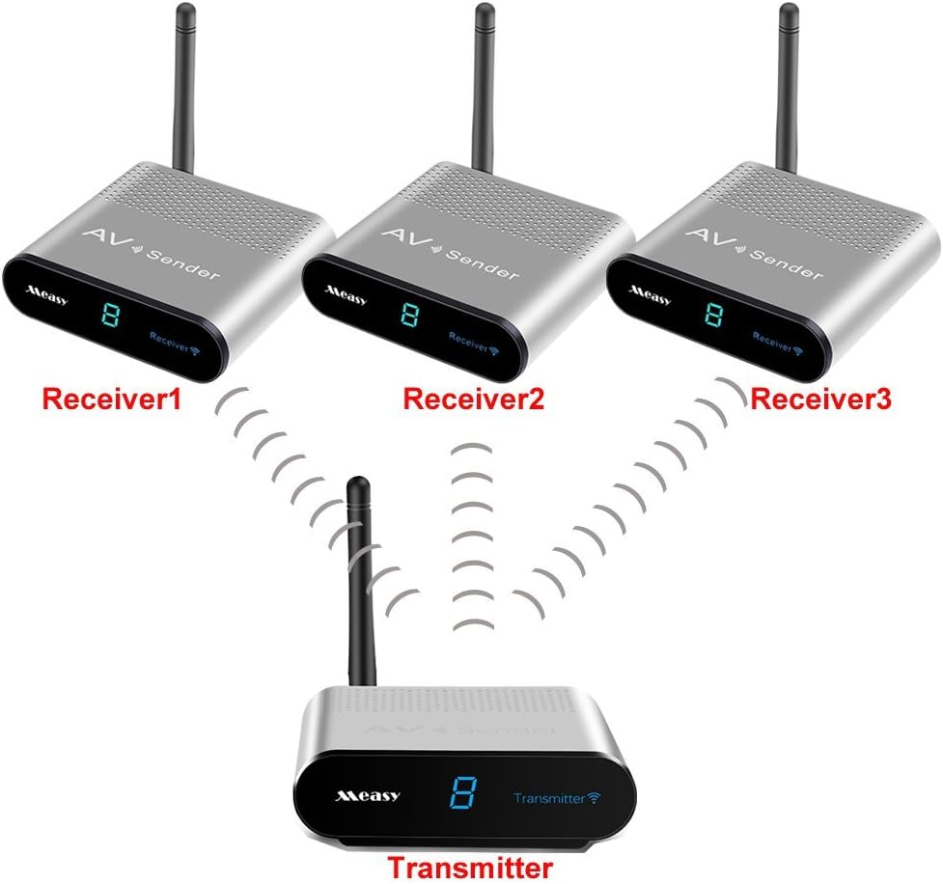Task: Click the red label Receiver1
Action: click(111, 400)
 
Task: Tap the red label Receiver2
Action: click(473, 399)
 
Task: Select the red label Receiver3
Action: click(820, 399)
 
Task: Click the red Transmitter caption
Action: click(470, 865)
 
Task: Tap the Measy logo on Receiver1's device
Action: click(47, 290)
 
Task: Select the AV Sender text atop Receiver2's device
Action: click(449, 253)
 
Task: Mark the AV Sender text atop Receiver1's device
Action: click(153, 252)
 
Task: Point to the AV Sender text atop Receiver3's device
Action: click(753, 253)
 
